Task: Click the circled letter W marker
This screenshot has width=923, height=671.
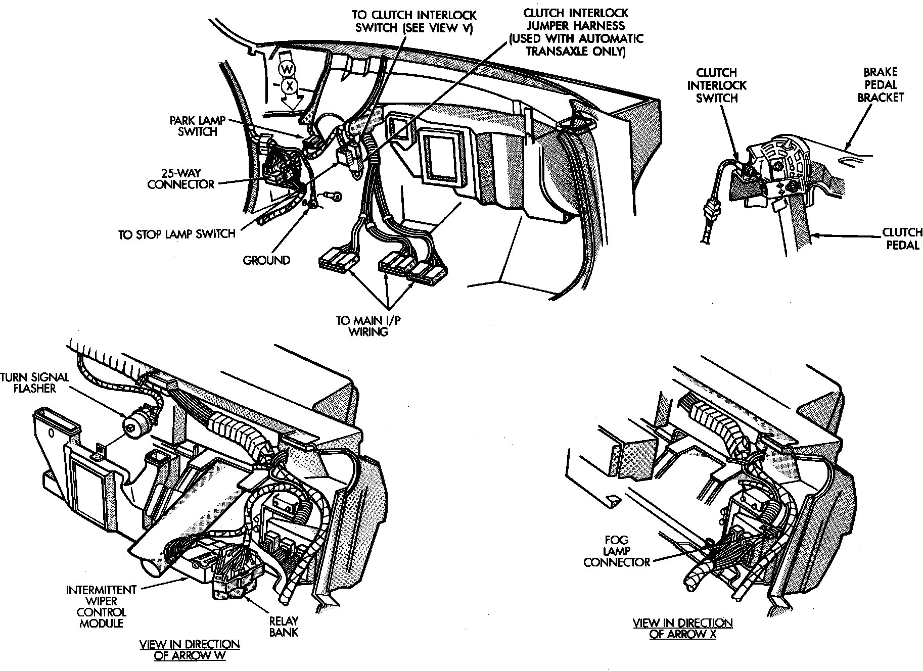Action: (287, 69)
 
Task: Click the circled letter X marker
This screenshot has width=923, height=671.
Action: (290, 86)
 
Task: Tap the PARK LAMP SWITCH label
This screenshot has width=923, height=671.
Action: (197, 126)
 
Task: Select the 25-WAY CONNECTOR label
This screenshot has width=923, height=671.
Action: (181, 179)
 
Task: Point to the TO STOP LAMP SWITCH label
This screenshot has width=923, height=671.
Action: (177, 234)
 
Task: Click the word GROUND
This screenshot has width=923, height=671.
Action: (266, 260)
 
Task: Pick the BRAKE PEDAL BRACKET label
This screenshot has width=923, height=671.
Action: (881, 85)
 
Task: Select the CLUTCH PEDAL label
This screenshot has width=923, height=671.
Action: (902, 239)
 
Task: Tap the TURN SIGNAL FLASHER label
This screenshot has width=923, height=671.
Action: (35, 382)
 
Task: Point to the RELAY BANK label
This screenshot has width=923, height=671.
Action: (284, 626)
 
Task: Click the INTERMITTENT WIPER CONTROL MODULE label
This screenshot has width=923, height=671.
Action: (101, 606)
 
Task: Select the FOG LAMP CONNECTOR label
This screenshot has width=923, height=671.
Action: (617, 551)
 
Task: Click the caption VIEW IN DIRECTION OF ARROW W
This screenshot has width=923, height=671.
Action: (190, 650)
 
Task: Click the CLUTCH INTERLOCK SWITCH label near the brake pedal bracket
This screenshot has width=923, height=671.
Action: (716, 85)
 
